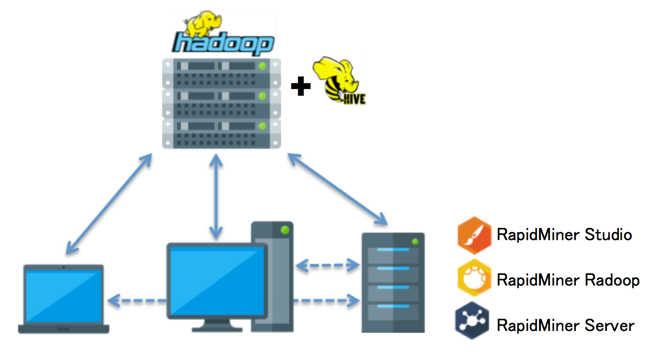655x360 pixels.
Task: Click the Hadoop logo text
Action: pos(222,43)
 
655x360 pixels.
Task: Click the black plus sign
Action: pos(299,88)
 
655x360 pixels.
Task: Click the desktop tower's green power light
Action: pos(285,233)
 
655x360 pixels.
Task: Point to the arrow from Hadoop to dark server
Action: pos(335,186)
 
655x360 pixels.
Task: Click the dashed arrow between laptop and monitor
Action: pos(136,300)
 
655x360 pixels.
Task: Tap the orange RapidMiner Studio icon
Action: pos(473,236)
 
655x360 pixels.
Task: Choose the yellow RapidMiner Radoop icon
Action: pos(473,280)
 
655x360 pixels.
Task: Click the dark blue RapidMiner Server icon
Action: pos(473,324)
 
